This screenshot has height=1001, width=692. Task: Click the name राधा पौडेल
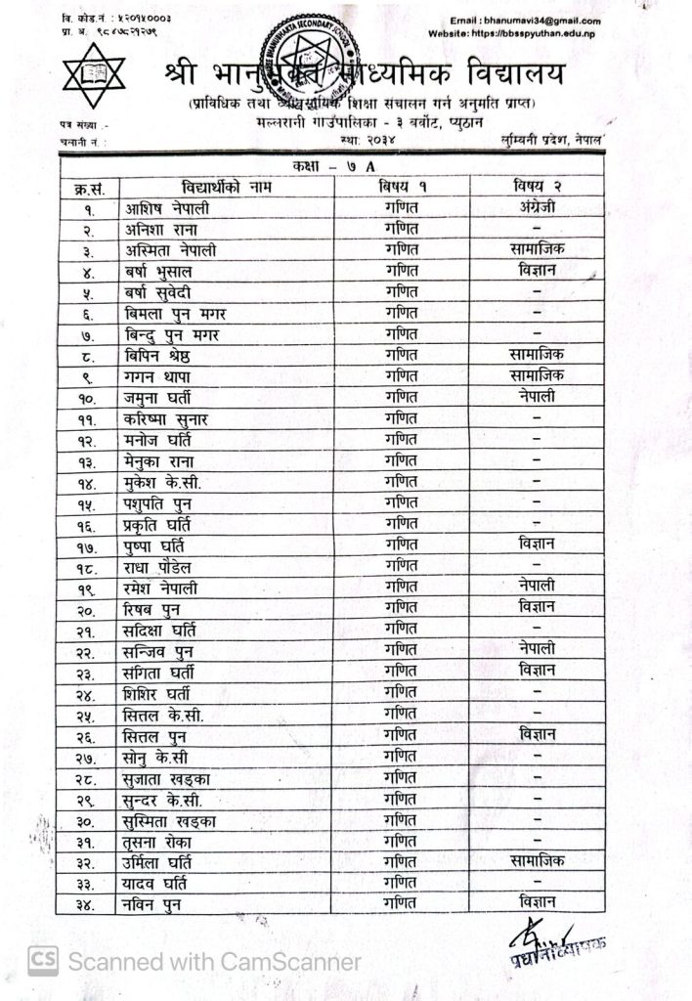pyautogui.click(x=164, y=567)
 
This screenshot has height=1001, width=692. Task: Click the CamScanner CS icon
pyautogui.click(x=42, y=961)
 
